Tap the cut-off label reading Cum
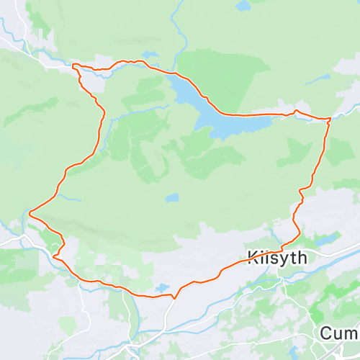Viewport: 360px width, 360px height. (339, 333)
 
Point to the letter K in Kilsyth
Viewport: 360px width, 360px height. (253, 257)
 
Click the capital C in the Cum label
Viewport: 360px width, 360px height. (325, 333)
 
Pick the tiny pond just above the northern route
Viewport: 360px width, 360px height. (150, 55)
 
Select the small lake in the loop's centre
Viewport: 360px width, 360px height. (171, 197)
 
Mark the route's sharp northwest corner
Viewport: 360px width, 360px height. (74, 66)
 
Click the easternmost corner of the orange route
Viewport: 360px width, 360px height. (330, 118)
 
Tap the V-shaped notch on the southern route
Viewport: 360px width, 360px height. (174, 297)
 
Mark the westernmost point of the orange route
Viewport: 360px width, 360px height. (30, 212)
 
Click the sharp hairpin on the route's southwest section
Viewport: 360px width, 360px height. (54, 253)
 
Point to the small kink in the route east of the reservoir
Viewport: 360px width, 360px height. (295, 111)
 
